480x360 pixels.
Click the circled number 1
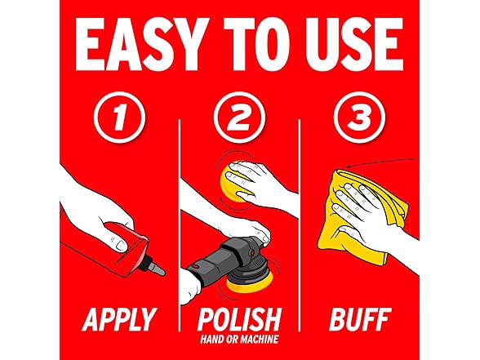119,117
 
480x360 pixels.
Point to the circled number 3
359,117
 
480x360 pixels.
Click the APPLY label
119,319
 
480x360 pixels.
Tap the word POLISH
240,319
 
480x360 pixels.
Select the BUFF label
360,319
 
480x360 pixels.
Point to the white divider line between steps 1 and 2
180,225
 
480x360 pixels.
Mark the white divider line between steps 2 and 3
299,225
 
